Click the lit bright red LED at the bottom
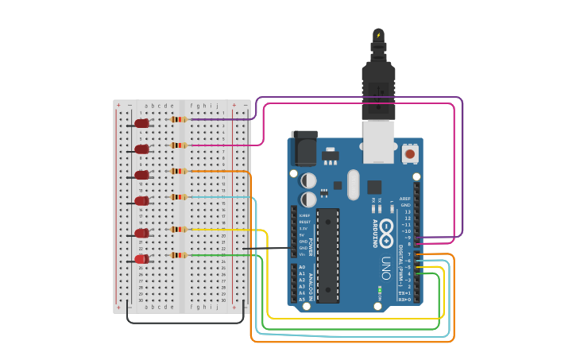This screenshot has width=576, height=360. (141, 259)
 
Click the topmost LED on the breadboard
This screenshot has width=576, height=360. (141, 123)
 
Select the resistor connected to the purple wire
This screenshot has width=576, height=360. (180, 119)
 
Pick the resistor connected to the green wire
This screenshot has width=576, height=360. (180, 255)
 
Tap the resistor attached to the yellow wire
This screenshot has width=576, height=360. (180, 229)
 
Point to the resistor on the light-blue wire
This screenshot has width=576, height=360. (180, 196)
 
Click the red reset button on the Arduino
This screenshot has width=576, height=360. (410, 153)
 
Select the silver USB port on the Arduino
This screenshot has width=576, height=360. (379, 141)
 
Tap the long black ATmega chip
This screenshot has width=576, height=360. (327, 256)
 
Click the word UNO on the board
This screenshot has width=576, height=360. (386, 262)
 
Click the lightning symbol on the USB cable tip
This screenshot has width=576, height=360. (378, 35)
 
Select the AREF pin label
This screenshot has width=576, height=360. (405, 199)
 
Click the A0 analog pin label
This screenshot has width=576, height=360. (302, 267)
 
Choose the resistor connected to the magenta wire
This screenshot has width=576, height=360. (180, 145)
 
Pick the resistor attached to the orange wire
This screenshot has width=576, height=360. (180, 171)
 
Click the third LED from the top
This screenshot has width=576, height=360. (141, 175)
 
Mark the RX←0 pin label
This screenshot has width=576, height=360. (404, 300)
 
